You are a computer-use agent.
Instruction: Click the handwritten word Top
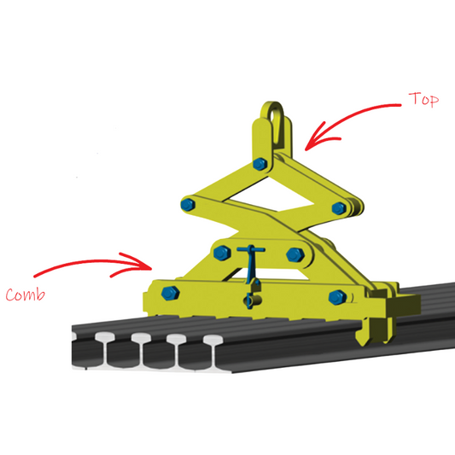423,101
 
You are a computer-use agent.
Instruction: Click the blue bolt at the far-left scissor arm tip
188,204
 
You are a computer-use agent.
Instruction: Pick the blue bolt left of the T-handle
223,252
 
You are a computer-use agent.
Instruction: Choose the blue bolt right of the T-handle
295,254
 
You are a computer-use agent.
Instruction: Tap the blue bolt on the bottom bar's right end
335,297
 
